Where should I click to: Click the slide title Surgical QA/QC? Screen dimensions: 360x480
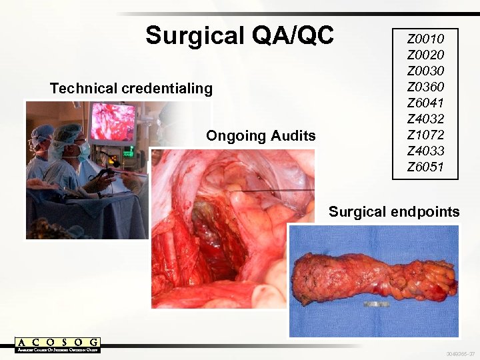point(239,35)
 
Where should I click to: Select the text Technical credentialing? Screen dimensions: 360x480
point(131,88)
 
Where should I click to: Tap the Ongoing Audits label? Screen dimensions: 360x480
point(261,136)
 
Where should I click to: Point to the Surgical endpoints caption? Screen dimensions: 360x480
point(394,212)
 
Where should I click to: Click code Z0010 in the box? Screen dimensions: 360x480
point(425,39)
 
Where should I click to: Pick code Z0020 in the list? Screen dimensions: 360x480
point(425,55)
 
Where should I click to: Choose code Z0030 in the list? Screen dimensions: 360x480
point(425,71)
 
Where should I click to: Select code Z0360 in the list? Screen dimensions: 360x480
point(425,87)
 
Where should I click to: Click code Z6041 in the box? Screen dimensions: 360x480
point(425,103)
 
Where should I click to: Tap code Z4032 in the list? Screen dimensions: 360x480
point(425,119)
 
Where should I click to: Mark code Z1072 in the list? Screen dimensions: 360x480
point(425,135)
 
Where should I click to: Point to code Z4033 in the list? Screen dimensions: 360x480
point(425,151)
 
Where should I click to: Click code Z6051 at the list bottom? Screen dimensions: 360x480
point(425,167)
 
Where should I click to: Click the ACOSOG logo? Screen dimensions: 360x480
point(58,345)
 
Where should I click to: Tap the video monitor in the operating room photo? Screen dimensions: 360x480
point(113,123)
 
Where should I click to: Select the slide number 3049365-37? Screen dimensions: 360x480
point(461,353)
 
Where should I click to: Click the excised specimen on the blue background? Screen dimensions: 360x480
point(373,277)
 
